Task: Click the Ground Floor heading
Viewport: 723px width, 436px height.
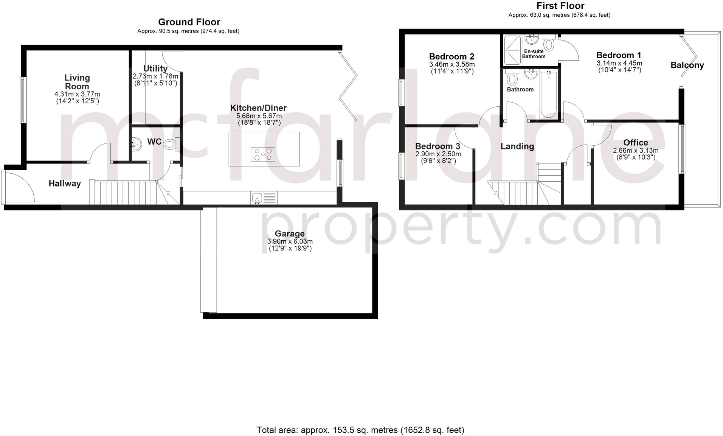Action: click(189, 22)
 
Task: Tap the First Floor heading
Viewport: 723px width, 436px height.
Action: click(560, 6)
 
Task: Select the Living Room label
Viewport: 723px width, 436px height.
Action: click(77, 82)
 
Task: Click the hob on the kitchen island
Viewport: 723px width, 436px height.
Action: click(263, 154)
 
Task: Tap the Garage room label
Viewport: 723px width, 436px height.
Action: click(290, 234)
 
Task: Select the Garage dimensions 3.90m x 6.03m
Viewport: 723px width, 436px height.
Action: click(290, 241)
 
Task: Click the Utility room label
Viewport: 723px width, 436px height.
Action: click(155, 69)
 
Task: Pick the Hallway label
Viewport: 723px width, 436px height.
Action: click(65, 184)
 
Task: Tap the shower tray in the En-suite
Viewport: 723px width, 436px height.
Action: click(513, 49)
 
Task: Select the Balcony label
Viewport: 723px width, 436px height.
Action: click(687, 65)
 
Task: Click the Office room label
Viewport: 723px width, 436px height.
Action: click(636, 143)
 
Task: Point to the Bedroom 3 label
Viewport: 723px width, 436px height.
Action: click(438, 146)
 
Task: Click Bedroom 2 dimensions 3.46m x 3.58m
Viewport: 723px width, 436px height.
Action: click(452, 64)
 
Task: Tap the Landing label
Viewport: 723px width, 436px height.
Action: click(517, 146)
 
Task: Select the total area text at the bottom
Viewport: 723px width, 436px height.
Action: click(360, 430)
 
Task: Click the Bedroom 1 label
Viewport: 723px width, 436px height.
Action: click(619, 55)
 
